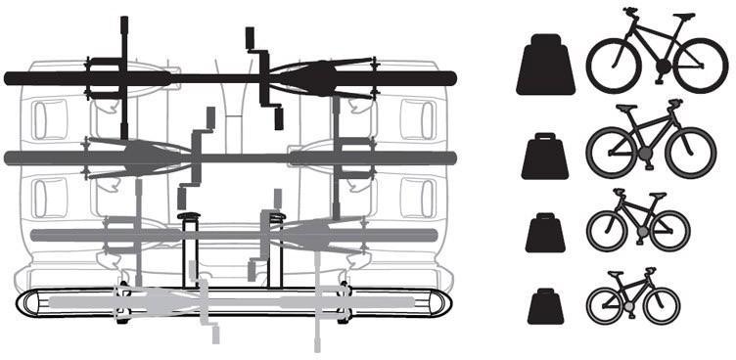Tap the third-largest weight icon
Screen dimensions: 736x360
547,234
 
